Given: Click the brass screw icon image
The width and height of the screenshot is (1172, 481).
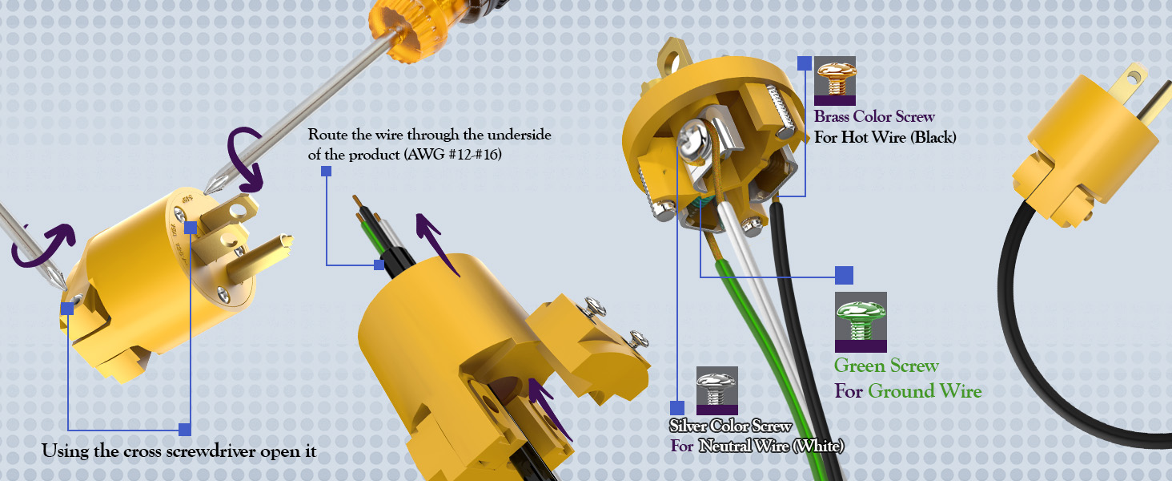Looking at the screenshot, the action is coord(835,81).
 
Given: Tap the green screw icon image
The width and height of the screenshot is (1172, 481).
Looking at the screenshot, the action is coord(861,321).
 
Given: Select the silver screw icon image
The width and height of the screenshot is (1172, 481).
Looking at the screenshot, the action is coord(716,390).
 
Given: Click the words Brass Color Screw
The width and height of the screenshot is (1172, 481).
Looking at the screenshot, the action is coord(874,116).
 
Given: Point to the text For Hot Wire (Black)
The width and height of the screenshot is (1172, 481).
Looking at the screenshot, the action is coord(885,137).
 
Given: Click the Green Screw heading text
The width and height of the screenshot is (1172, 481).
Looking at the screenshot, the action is coord(886,366).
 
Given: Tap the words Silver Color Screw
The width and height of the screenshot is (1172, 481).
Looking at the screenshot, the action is coord(730,426).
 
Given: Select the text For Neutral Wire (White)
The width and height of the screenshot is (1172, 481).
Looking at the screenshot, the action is coord(757,446).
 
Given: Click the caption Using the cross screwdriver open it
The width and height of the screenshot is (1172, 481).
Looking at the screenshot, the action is coord(179,451).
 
